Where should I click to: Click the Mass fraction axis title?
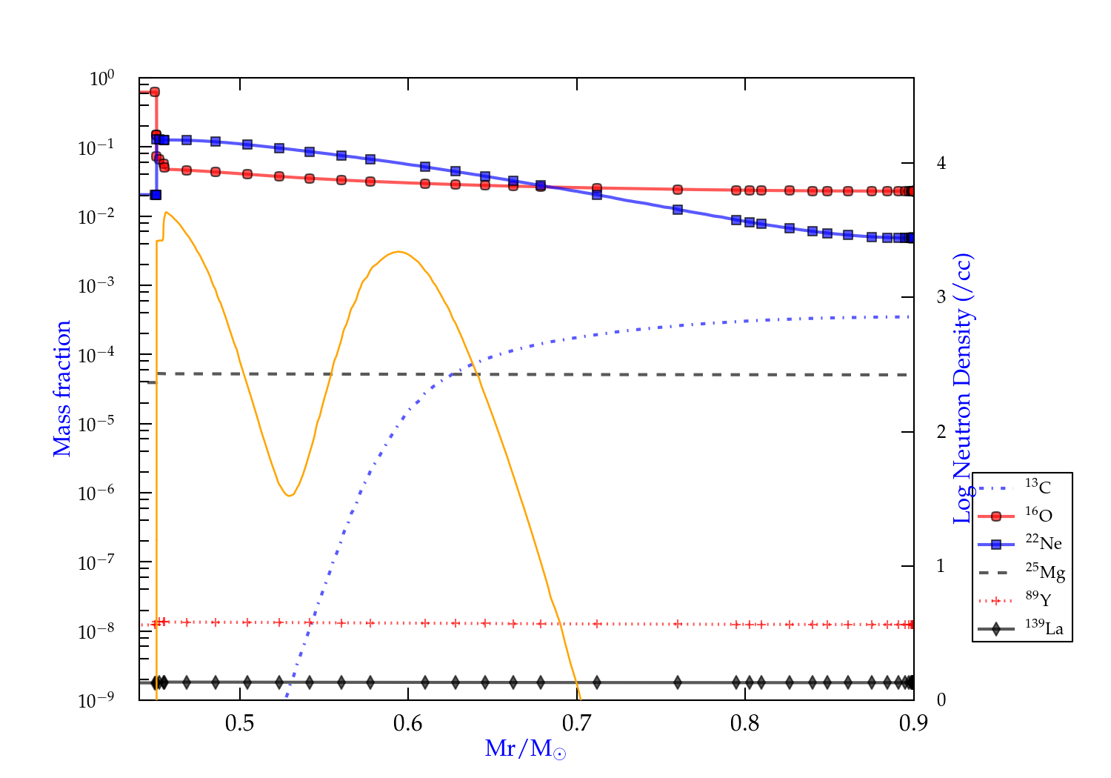62,388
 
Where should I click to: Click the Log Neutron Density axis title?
963,388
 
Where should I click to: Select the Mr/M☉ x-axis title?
525,749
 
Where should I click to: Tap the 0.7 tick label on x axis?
576,723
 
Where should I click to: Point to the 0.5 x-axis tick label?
239,723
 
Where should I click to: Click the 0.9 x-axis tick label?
913,723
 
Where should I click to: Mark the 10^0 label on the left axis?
102,78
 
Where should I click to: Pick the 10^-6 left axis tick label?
96,493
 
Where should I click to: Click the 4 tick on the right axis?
941,163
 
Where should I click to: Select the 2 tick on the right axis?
941,432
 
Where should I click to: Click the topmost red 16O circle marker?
155,92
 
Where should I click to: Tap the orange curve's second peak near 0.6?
399,252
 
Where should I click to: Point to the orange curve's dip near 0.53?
289,495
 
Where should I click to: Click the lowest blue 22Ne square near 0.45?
156,195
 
